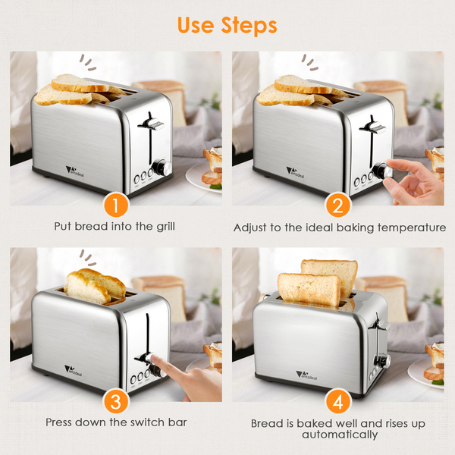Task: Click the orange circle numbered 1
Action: [116, 206]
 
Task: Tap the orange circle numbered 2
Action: [337, 206]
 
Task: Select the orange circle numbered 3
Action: [116, 402]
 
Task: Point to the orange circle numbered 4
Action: [337, 402]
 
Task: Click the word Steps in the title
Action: [249, 26]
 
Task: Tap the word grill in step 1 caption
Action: [165, 227]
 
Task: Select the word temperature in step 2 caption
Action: [412, 227]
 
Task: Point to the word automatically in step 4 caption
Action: [340, 435]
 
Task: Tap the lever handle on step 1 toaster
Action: [152, 124]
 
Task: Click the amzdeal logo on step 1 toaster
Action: [75, 171]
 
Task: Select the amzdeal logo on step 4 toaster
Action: [306, 375]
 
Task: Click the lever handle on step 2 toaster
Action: [373, 127]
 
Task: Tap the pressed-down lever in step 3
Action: [145, 358]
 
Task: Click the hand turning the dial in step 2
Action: [414, 181]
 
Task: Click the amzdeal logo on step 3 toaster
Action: [73, 370]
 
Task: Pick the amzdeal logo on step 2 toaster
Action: [296, 172]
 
